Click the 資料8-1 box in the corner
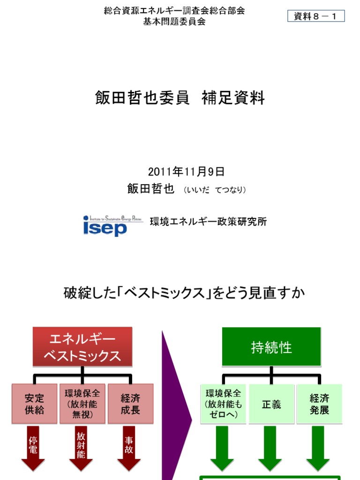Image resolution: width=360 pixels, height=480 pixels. (316, 16)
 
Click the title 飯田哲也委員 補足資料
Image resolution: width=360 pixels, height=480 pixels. (180, 98)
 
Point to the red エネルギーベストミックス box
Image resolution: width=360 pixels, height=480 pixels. (82, 347)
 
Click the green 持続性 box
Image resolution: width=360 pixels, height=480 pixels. (271, 347)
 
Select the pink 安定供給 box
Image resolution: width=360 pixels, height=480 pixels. (34, 404)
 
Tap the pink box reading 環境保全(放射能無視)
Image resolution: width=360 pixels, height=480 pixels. (82, 404)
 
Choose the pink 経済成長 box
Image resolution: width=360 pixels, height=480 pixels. (130, 404)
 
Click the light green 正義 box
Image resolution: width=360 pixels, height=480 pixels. (271, 404)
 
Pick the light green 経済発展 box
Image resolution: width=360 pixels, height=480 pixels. (319, 404)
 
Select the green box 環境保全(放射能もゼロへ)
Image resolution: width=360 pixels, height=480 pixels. (223, 404)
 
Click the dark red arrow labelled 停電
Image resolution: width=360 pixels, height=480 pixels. (33, 448)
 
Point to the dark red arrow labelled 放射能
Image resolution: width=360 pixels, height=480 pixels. (81, 448)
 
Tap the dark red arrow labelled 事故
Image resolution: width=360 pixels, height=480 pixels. (129, 448)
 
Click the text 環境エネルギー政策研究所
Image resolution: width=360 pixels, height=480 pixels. (208, 222)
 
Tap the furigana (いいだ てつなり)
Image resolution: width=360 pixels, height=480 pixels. (215, 190)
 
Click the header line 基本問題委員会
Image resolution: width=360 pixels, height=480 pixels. (174, 22)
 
